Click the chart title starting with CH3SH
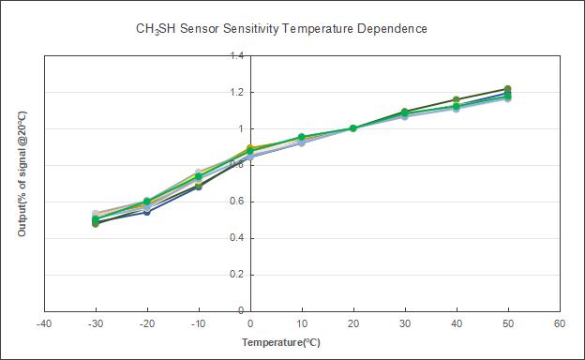click(x=281, y=29)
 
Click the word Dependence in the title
click(x=392, y=28)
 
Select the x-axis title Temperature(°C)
click(x=281, y=342)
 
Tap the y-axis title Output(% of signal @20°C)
click(x=22, y=173)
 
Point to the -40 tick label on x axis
click(x=44, y=323)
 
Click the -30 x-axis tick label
click(x=96, y=323)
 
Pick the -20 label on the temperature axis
click(x=147, y=323)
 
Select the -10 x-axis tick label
click(x=199, y=323)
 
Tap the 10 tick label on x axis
click(x=302, y=323)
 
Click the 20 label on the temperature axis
click(x=353, y=323)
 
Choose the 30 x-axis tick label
click(x=405, y=323)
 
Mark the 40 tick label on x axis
click(x=457, y=323)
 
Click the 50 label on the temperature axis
click(x=508, y=323)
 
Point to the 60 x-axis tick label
click(x=560, y=323)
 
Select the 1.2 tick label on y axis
click(x=236, y=92)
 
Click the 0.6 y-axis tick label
click(x=236, y=202)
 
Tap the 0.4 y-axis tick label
click(x=236, y=238)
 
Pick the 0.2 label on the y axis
click(x=236, y=275)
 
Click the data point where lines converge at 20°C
click(x=353, y=128)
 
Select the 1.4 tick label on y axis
click(x=236, y=56)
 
